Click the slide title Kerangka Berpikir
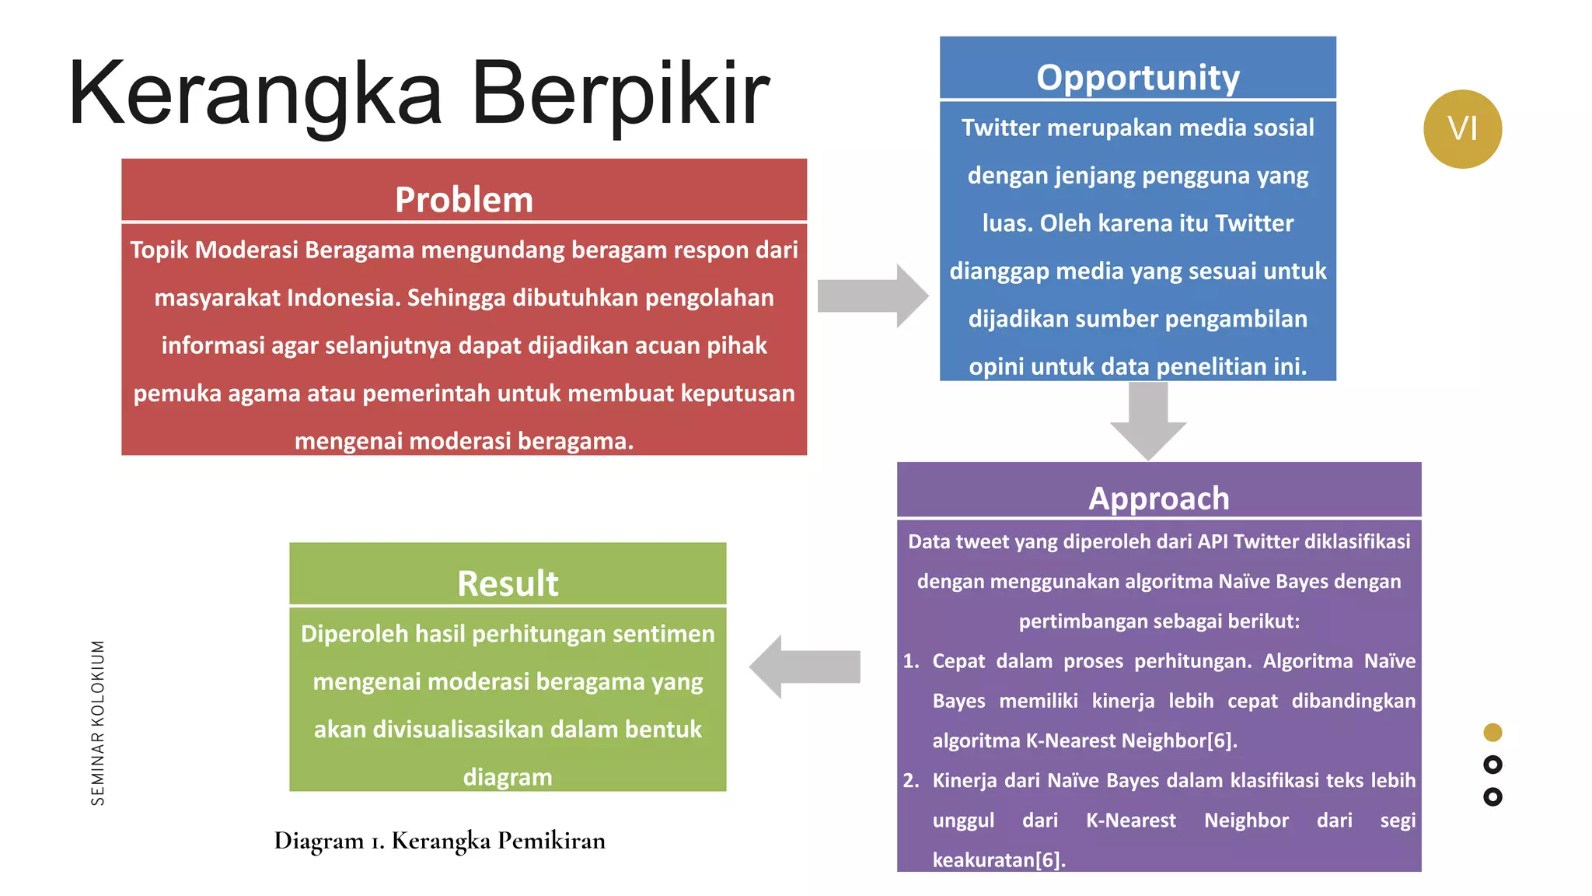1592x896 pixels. (x=418, y=93)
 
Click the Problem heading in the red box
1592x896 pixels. (x=464, y=200)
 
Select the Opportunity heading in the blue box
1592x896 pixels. (x=1137, y=78)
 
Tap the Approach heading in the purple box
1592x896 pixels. (x=1158, y=499)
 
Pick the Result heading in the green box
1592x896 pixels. (x=508, y=583)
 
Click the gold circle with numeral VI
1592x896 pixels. (x=1462, y=129)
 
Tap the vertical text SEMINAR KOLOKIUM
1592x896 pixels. (x=98, y=723)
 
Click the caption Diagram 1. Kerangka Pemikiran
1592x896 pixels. (x=439, y=841)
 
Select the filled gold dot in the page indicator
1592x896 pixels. (x=1492, y=732)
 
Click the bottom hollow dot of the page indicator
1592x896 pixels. (x=1492, y=796)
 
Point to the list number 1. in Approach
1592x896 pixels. (x=911, y=661)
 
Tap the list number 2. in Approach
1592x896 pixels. (x=911, y=780)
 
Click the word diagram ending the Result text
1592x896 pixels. (x=508, y=777)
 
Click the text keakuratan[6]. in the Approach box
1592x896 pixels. (x=999, y=859)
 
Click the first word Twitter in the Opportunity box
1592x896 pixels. (x=1000, y=128)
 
